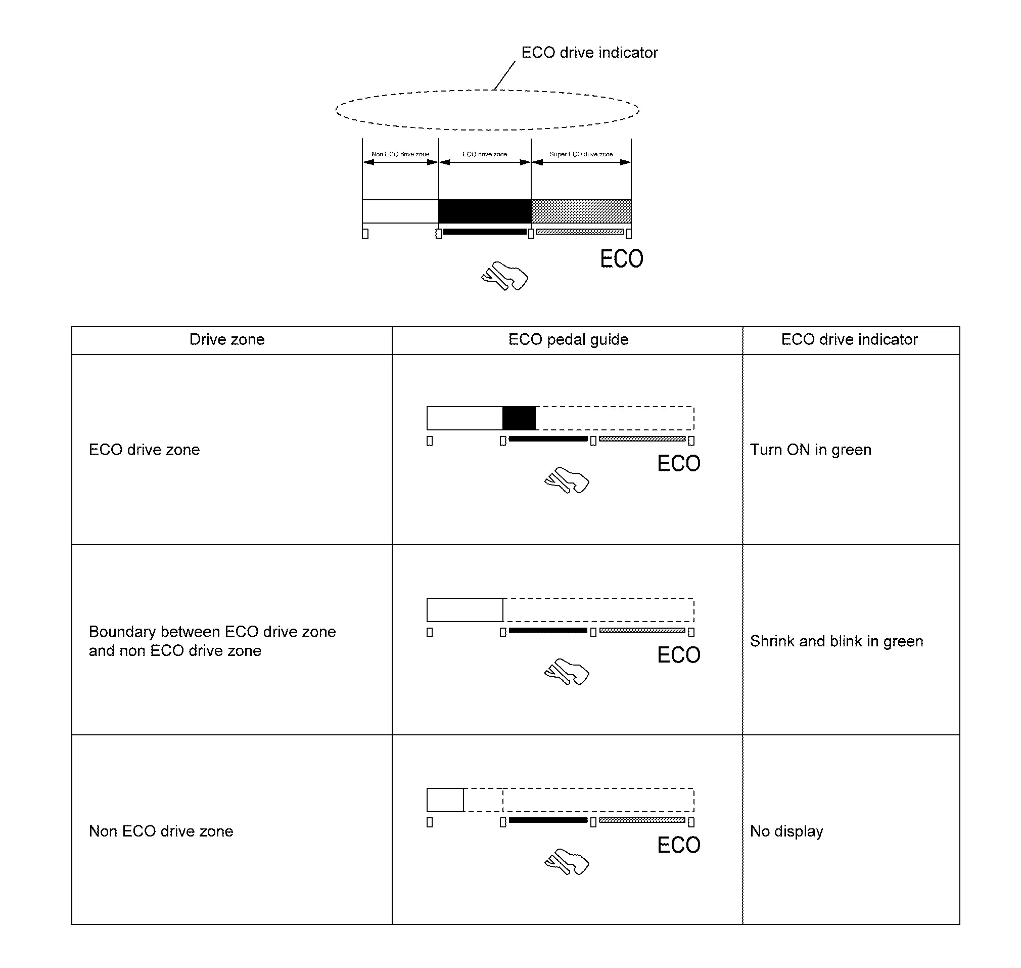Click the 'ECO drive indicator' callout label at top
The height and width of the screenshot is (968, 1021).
(x=589, y=53)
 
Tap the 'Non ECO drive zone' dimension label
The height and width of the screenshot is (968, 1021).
(x=400, y=154)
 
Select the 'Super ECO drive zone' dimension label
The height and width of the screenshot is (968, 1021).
(x=581, y=154)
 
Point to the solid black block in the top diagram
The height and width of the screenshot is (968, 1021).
(x=485, y=211)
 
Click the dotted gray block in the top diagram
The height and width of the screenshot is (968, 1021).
(x=581, y=211)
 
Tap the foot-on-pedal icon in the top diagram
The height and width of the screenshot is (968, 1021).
(x=505, y=276)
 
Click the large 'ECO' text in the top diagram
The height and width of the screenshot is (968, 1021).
(x=621, y=259)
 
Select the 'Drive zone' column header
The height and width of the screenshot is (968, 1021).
(x=227, y=339)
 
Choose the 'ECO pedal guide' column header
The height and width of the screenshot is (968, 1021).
(x=568, y=339)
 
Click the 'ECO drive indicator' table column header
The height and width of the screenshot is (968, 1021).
(x=849, y=339)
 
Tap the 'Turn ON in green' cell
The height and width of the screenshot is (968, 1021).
(x=810, y=450)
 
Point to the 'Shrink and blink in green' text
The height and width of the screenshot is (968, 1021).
(x=836, y=641)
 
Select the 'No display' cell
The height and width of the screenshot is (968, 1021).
(x=786, y=831)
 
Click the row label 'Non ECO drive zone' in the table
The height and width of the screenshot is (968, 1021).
(x=161, y=831)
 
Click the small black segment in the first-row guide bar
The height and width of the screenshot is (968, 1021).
(x=519, y=418)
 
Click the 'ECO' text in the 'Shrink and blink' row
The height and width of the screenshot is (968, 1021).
(x=679, y=655)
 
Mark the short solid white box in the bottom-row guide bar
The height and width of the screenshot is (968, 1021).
(x=445, y=800)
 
